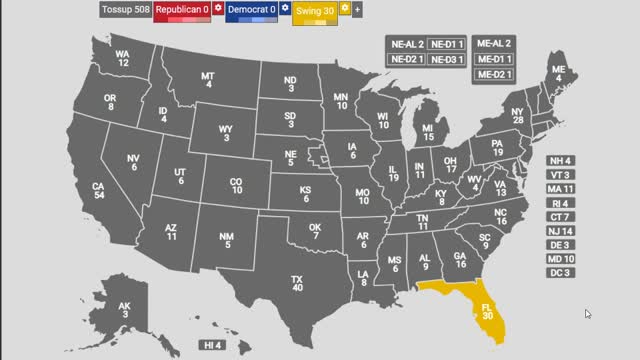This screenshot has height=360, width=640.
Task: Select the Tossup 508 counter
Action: pos(124,10)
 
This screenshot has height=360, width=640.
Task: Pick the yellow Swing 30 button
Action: pos(315,10)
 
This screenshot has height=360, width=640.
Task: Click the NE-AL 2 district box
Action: pos(405,44)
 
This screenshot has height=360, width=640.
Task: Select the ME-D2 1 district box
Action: pos(494,75)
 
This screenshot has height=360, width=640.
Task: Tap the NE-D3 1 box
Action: pos(446,60)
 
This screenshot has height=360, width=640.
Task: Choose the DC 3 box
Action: pos(559,273)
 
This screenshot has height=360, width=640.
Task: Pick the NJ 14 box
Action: pos(559,231)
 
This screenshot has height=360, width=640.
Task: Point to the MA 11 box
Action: pos(559,189)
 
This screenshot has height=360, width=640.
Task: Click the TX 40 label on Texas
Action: pos(297,284)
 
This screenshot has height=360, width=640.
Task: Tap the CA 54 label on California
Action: pos(99,192)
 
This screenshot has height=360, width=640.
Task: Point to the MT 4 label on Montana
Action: pos(208,81)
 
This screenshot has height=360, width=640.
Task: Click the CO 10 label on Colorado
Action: pos(236,186)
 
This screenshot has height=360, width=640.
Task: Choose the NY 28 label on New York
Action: pos(517,116)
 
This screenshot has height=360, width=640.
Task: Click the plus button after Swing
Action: pos(358,9)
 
